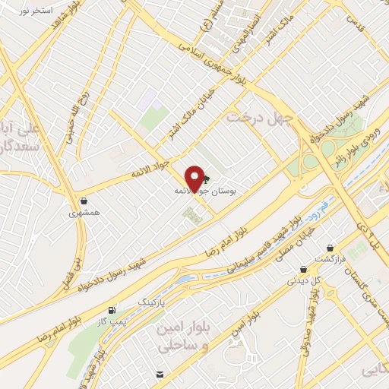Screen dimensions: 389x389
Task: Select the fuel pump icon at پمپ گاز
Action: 112,310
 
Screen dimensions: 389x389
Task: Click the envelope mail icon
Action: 160,374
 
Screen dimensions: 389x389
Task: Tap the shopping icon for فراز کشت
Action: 330,248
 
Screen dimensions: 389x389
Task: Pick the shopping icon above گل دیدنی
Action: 302,268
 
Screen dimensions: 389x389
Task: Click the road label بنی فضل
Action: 81,258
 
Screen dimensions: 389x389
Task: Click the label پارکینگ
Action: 150,302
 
